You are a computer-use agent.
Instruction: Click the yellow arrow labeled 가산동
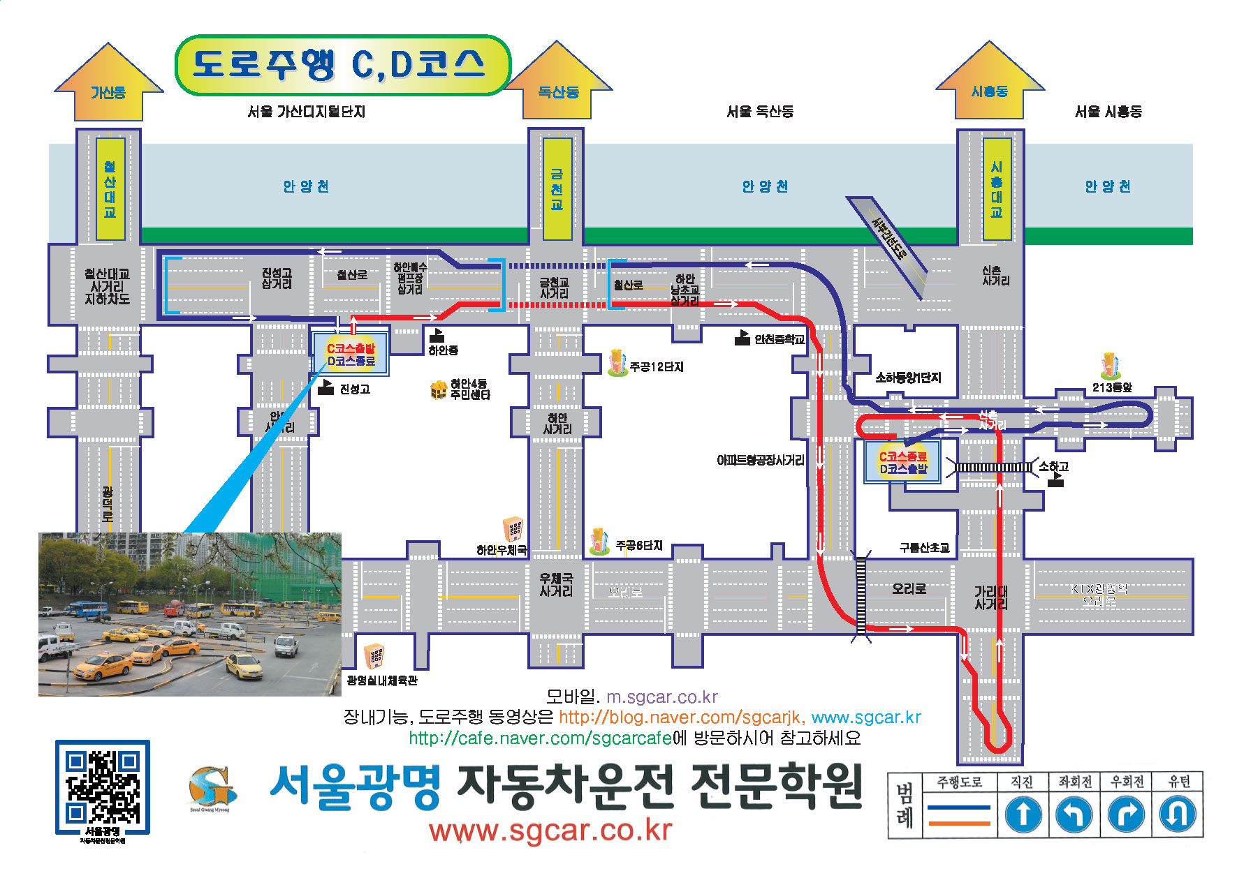point(108,84)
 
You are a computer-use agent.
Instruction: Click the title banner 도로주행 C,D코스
point(342,65)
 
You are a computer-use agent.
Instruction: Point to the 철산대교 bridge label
point(110,189)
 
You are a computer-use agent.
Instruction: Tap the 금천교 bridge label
point(557,189)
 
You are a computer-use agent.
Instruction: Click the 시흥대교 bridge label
point(996,189)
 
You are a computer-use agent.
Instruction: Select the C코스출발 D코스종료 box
point(351,355)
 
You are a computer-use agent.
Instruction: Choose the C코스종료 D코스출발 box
point(902,462)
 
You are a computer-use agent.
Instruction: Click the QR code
point(102,787)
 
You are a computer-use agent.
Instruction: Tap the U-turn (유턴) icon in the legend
point(1178,814)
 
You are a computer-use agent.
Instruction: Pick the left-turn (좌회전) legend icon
point(1074,814)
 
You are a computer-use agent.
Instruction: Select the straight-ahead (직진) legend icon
point(1023,814)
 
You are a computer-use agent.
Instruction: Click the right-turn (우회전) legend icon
point(1126,814)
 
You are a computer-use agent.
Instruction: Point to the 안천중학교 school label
point(779,340)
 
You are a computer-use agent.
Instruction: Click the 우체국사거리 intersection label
point(556,585)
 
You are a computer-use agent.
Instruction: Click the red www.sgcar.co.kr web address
point(550,831)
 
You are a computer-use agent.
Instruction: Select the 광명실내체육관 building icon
point(375,655)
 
